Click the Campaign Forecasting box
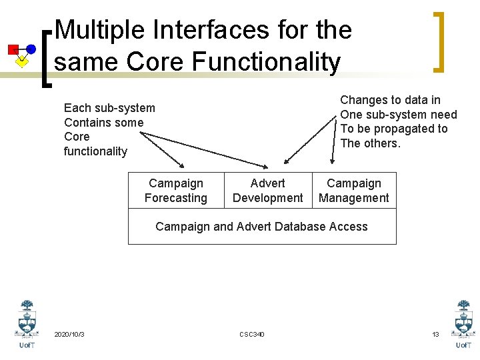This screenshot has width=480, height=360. pos(175,191)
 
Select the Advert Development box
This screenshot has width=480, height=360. pos(267,191)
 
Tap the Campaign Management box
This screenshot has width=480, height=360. pos(354,191)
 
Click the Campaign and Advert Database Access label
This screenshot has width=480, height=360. pos(261,227)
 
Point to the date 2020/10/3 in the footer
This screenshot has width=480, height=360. pos(69,334)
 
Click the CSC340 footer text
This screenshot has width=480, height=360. pos(251,334)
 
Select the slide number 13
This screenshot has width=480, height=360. pos(435,334)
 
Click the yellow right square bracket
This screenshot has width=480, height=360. pos(438,41)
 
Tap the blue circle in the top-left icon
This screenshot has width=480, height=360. pos(31,49)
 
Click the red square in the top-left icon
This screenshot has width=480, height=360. pos(13,49)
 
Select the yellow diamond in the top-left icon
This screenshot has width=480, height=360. pos(22,62)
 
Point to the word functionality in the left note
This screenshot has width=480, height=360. pos(95,151)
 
